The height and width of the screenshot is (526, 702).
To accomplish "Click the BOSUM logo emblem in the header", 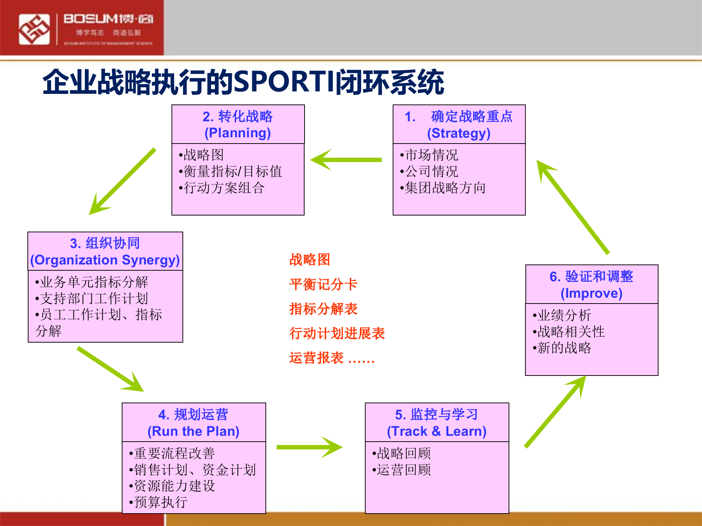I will (x=34, y=29).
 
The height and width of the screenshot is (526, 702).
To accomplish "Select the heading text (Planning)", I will (x=238, y=133).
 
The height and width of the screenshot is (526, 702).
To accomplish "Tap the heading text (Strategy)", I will (x=459, y=133).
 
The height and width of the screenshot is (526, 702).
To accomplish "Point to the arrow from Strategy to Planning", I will (x=346, y=160).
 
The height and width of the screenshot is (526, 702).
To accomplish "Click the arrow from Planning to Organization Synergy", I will (x=122, y=182).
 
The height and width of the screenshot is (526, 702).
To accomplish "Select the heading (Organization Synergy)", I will (x=105, y=260).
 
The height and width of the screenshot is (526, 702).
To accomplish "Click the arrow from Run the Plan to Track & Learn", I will (x=309, y=447).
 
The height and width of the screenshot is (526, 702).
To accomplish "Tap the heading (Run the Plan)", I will (x=193, y=431).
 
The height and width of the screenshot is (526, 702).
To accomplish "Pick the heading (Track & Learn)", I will (x=437, y=431).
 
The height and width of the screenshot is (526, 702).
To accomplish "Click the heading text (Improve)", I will (x=591, y=293).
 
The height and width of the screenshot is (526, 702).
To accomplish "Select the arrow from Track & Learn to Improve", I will (x=555, y=412).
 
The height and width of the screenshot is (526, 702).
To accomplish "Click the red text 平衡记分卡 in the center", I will (x=323, y=285).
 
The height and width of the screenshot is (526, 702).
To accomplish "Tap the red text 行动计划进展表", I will (x=337, y=333).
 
